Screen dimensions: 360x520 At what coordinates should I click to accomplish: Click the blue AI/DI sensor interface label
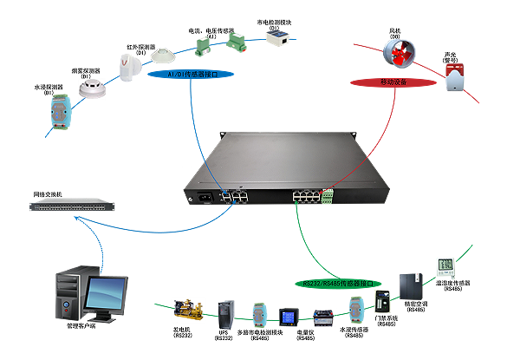(200, 75)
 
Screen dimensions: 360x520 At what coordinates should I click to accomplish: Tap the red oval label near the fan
(393, 82)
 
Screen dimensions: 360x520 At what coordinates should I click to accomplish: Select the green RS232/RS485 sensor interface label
(342, 283)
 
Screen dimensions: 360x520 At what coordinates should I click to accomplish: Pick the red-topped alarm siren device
(455, 77)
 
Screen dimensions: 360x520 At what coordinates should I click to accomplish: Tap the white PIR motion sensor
(128, 68)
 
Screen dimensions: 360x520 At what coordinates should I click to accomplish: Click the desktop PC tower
(68, 295)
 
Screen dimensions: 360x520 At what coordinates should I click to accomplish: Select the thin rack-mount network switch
(74, 206)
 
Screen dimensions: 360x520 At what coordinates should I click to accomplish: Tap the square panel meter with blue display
(286, 316)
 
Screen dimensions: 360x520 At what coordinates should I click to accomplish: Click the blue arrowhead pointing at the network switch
(78, 219)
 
